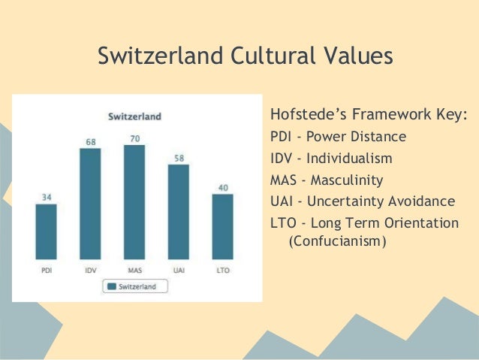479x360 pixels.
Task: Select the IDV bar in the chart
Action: click(x=90, y=203)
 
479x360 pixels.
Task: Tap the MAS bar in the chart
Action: click(x=134, y=201)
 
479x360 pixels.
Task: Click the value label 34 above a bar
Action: click(x=46, y=197)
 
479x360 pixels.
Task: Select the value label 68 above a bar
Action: click(x=90, y=141)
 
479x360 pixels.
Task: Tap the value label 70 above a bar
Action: click(x=134, y=138)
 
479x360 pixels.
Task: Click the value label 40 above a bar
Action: click(x=223, y=187)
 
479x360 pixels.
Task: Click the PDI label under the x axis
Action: click(x=46, y=269)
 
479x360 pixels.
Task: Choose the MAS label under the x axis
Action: click(x=134, y=269)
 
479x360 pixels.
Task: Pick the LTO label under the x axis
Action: click(x=223, y=269)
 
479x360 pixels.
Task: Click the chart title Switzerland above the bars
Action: click(x=135, y=116)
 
